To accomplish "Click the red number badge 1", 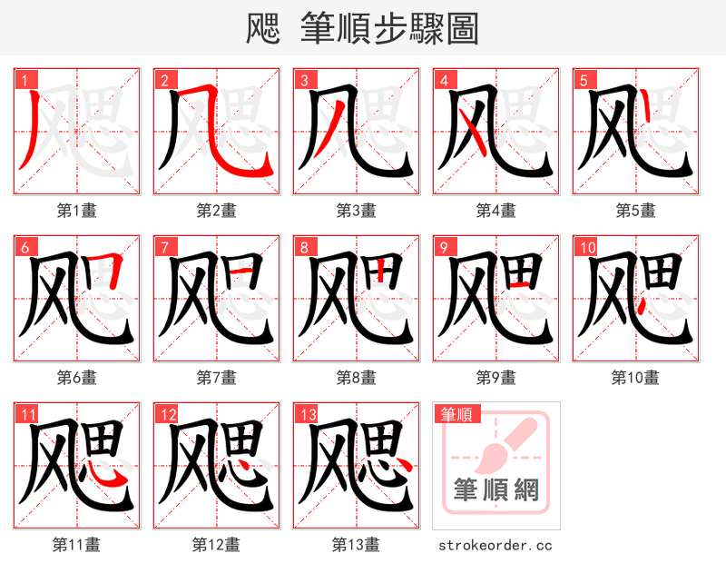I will pos(24,80).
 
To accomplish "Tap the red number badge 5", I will pos(583,80).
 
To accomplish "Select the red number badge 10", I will pos(586,247).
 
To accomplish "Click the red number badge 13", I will pos(307,414).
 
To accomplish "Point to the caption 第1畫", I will pos(76,211).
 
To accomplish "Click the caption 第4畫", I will pos(495,211).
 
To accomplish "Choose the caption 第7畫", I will pos(216,377).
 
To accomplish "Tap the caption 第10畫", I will pos(635,377).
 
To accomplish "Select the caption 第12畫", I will pos(216,544).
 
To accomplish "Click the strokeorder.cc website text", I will pos(495,545).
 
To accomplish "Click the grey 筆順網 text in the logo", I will pos(495,491).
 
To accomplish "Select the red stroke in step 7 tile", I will pos(240,270).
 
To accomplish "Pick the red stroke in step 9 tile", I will pos(520,285).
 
